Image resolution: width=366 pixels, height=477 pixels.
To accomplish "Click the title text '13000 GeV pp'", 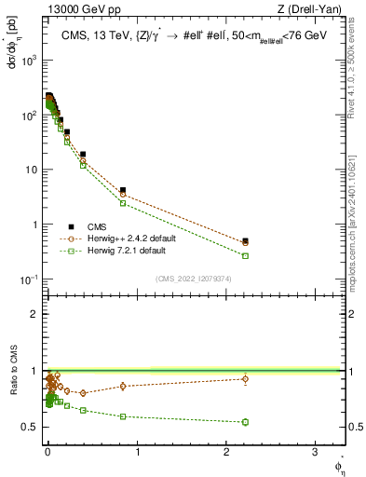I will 78,9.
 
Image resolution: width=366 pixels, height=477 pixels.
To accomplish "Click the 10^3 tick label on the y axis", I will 28,60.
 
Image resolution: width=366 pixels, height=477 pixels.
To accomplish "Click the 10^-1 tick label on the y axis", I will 28,279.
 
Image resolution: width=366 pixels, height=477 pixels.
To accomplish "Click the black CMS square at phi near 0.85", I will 122,190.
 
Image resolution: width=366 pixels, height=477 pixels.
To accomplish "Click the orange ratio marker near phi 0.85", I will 122,386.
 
